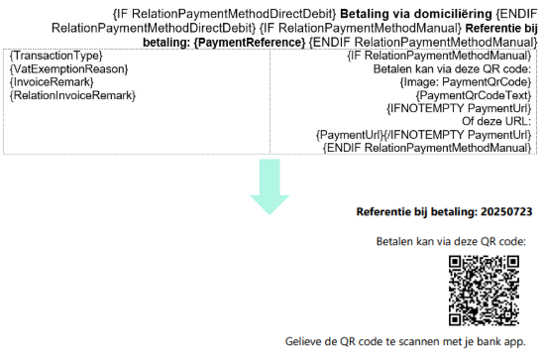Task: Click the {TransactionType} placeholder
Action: (54, 57)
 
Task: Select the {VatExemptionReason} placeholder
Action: (68, 69)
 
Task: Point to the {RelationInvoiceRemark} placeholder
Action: (71, 95)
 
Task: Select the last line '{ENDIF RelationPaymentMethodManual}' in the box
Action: (427, 147)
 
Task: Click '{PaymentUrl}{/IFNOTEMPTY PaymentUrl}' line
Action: (424, 134)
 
